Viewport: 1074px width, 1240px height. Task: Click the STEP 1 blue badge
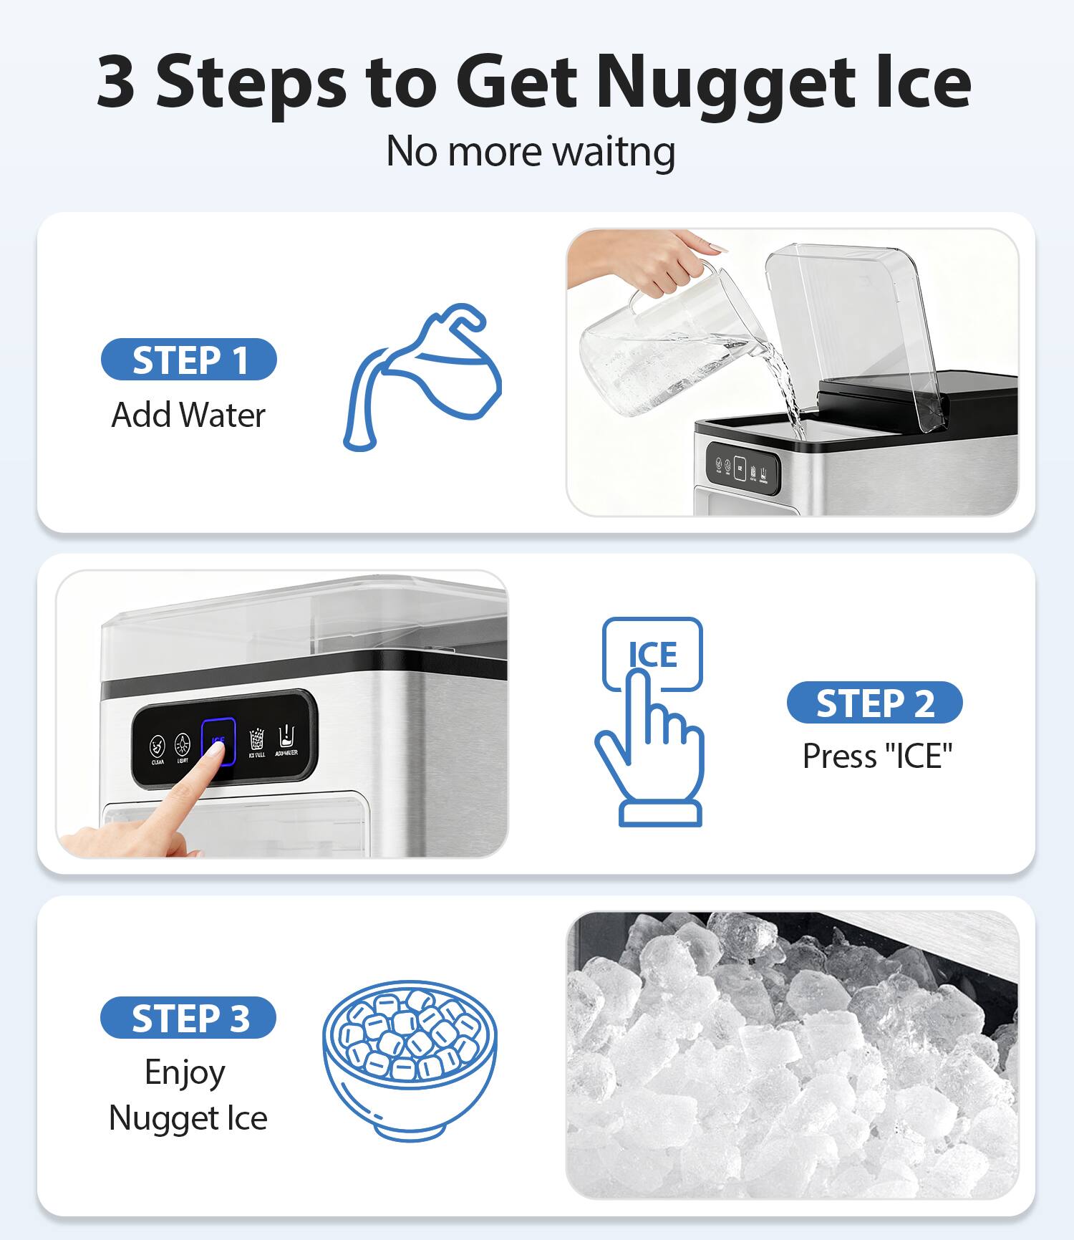[x=189, y=360]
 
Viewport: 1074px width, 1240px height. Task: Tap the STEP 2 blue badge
[x=874, y=703]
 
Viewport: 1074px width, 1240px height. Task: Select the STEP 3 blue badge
[x=188, y=1017]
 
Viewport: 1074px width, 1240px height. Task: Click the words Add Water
[x=188, y=415]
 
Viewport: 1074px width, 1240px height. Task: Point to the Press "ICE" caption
[x=877, y=756]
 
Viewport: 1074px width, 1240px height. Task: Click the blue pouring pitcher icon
[x=423, y=378]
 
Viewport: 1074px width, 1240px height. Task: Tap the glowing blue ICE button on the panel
[x=218, y=741]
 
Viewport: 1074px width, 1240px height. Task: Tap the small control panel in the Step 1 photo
[x=742, y=468]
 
